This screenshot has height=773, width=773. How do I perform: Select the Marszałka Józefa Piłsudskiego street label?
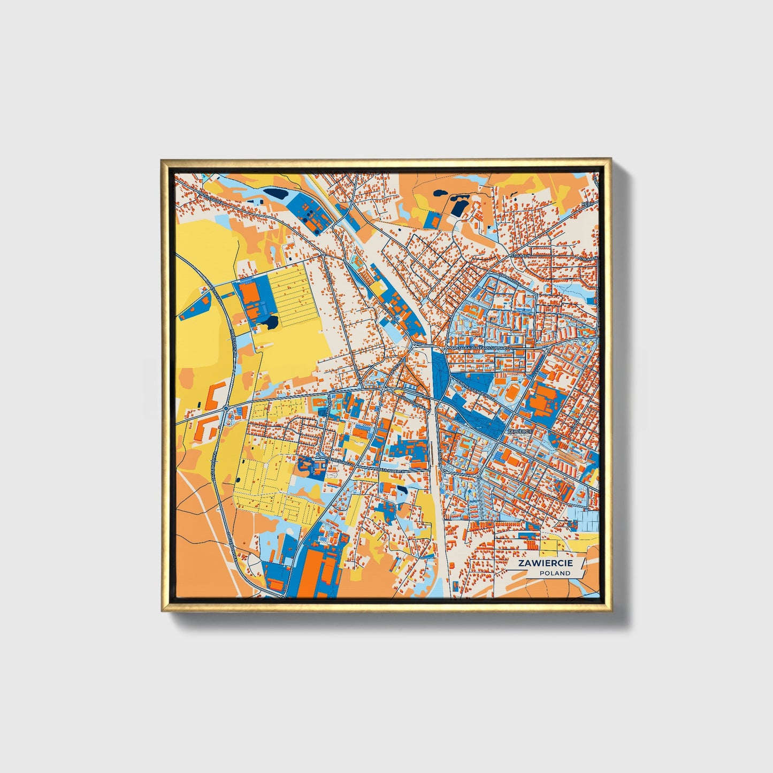tap(480, 348)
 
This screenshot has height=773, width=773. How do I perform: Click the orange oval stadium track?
tap(511, 395)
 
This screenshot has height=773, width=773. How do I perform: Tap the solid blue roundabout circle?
tap(226, 409)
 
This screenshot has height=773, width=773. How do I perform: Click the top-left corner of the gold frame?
tap(162, 160)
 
